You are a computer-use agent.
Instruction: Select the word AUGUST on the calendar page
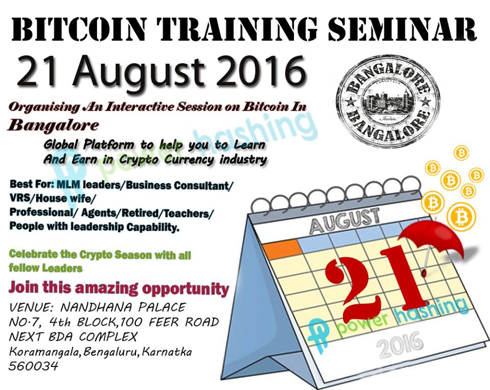click(x=345, y=221)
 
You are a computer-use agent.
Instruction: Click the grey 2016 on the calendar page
click(x=399, y=345)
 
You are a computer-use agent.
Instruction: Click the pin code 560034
click(x=34, y=365)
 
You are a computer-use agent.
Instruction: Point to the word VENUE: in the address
click(x=30, y=307)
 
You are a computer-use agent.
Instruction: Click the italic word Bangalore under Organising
click(x=53, y=125)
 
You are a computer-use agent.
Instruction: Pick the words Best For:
click(x=32, y=184)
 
